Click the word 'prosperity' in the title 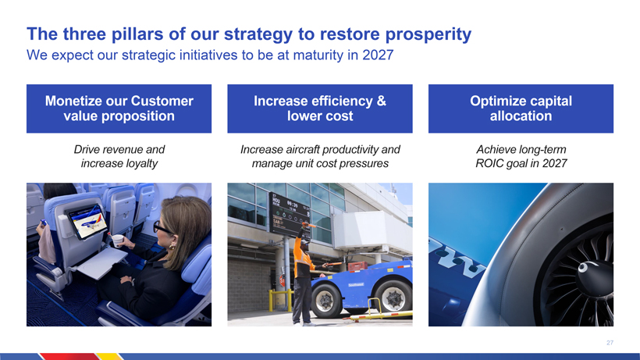[x=428, y=34]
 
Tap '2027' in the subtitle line [x=378, y=55]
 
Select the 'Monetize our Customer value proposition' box [x=119, y=109]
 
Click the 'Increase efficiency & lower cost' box [x=320, y=109]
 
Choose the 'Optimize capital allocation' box [x=521, y=109]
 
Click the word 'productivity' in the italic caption [x=349, y=150]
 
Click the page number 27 [x=610, y=343]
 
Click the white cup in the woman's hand [x=118, y=241]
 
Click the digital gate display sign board [x=290, y=215]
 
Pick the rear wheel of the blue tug [x=393, y=298]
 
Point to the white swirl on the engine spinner [x=584, y=267]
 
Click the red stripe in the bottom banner [x=69, y=357]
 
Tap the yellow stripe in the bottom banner [x=109, y=357]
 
